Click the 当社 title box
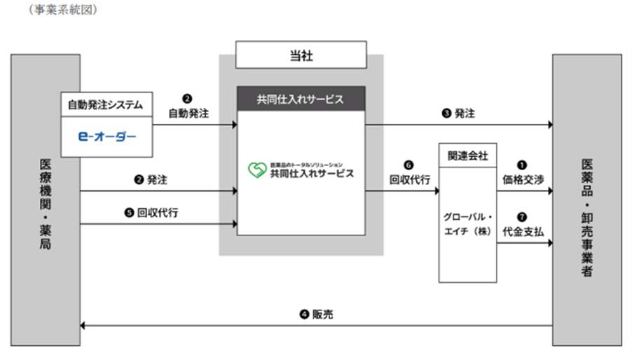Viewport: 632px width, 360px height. (x=301, y=55)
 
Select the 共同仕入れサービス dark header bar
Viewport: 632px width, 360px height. (x=301, y=99)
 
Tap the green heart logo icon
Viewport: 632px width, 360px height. (x=257, y=170)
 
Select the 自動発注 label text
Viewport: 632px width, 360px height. (x=188, y=113)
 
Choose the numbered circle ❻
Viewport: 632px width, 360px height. (x=410, y=165)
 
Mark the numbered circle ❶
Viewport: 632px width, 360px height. (x=523, y=165)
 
